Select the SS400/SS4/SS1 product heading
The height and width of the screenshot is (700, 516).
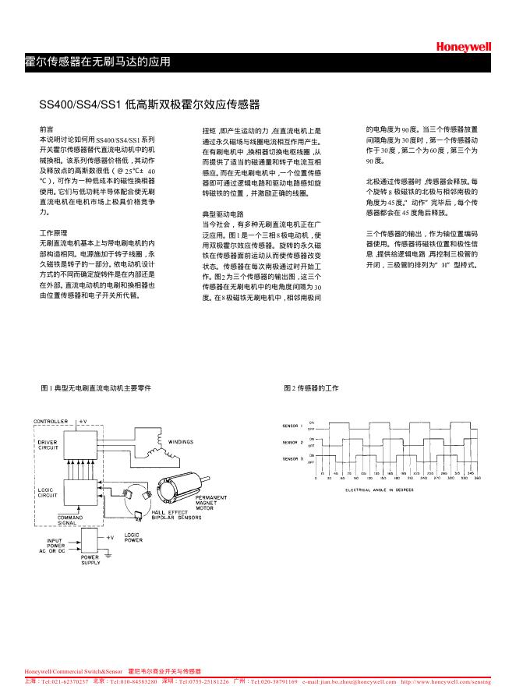tap(149, 104)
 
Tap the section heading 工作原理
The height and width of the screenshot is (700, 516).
tap(53, 233)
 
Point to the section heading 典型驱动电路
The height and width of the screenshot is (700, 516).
tap(223, 213)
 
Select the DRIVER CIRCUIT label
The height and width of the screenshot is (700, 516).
tap(48, 445)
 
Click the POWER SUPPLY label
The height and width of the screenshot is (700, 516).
tap(91, 560)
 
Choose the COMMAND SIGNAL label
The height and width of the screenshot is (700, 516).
tap(70, 519)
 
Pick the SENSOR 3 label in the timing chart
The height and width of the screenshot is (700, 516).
tap(293, 458)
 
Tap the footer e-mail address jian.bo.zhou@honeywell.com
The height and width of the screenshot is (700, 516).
tap(348, 681)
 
